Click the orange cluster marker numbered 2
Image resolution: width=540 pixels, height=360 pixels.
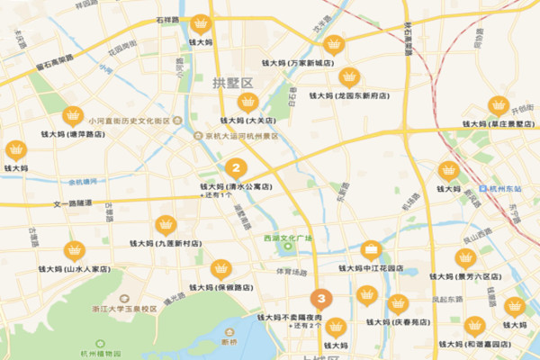coord(236,167)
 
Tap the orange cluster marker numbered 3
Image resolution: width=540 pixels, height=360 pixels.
coord(320,299)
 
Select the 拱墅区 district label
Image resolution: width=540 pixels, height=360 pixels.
coord(234,83)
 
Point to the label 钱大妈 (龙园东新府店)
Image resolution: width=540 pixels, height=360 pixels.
coord(349,94)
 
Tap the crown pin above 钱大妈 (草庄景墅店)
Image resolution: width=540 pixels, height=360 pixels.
coord(498,104)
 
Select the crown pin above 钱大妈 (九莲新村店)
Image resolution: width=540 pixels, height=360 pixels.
coord(166,224)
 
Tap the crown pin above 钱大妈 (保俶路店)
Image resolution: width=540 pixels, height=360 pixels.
coord(220,269)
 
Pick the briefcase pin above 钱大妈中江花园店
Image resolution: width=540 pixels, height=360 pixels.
coord(371,249)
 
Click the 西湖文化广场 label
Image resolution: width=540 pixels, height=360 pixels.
coord(288,238)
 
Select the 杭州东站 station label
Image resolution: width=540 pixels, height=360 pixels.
coord(510,189)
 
